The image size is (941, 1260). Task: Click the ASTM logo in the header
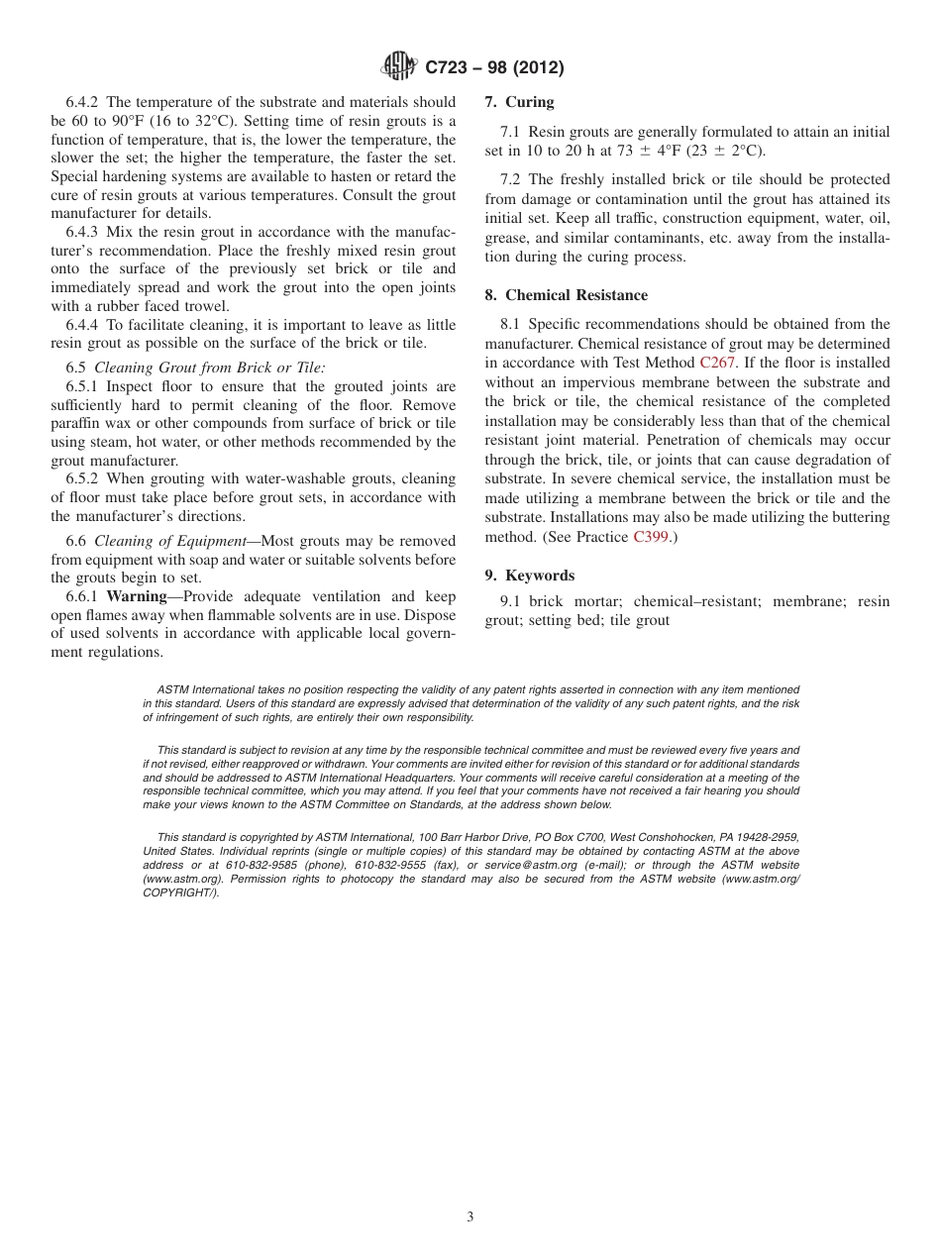pyautogui.click(x=399, y=67)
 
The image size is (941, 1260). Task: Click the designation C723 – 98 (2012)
pyautogui.click(x=494, y=68)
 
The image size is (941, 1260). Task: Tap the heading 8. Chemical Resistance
pyautogui.click(x=566, y=295)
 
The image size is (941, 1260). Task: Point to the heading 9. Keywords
pyautogui.click(x=529, y=576)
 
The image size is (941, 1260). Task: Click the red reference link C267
pyautogui.click(x=717, y=363)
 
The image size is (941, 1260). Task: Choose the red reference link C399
pyautogui.click(x=651, y=537)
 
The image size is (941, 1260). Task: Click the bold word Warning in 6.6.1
pyautogui.click(x=136, y=596)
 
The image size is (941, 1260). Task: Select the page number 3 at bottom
pyautogui.click(x=470, y=1217)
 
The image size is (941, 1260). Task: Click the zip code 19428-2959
pyautogui.click(x=766, y=837)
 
